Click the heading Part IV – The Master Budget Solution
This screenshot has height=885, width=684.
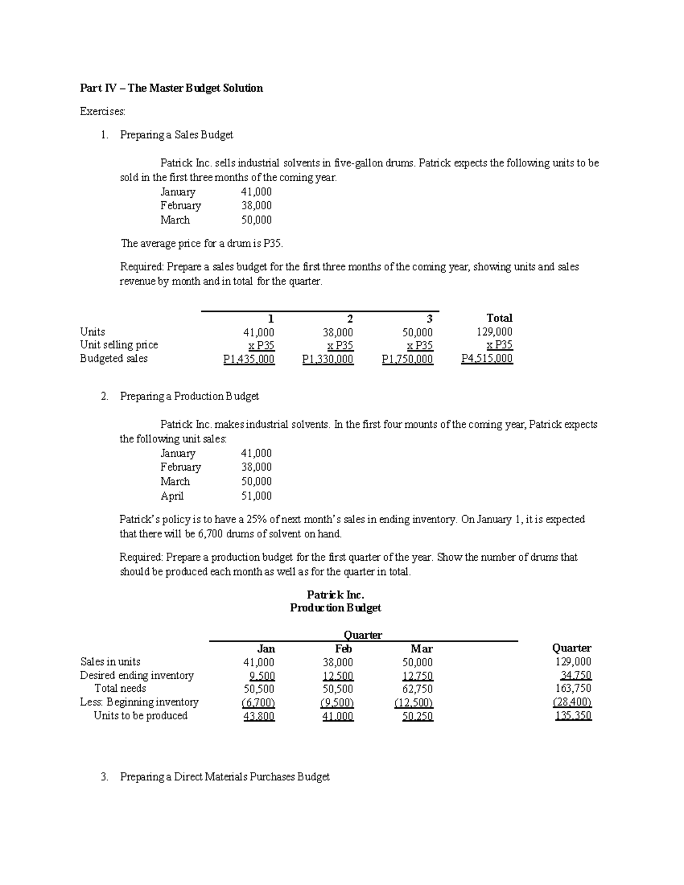pyautogui.click(x=171, y=88)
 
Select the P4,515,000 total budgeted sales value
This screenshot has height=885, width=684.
pyautogui.click(x=487, y=358)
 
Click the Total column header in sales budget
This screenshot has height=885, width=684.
pyautogui.click(x=499, y=318)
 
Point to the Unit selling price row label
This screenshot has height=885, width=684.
pyautogui.click(x=119, y=345)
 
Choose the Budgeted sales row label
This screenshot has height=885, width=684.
pyautogui.click(x=113, y=358)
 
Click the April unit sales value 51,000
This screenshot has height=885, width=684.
pyautogui.click(x=256, y=496)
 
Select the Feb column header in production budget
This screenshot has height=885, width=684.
pyautogui.click(x=344, y=649)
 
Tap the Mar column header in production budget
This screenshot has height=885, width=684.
pyautogui.click(x=421, y=649)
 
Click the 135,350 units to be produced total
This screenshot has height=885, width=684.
pyautogui.click(x=573, y=716)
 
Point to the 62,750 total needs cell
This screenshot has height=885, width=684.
pyautogui.click(x=417, y=688)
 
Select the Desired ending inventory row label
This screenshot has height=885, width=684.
pyautogui.click(x=137, y=675)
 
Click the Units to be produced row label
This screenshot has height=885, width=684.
pyautogui.click(x=140, y=716)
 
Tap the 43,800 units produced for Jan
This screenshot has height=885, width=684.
pyautogui.click(x=259, y=716)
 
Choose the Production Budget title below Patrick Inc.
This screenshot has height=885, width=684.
pyautogui.click(x=335, y=608)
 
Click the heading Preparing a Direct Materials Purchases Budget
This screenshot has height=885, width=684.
pyautogui.click(x=225, y=777)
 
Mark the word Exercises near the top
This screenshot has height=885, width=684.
pyautogui.click(x=102, y=112)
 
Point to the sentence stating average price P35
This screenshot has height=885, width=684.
pyautogui.click(x=202, y=244)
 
